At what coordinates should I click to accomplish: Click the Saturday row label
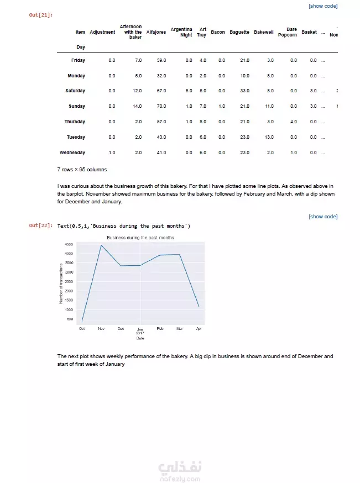[75, 91]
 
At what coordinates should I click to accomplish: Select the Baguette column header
[239, 32]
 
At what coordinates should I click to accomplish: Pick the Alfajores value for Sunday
[161, 106]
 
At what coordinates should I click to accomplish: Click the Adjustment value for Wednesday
[112, 153]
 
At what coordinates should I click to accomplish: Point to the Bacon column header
[218, 32]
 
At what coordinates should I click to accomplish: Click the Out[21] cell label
[40, 15]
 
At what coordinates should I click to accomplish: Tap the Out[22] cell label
[40, 225]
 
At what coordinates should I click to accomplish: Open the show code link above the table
[323, 6]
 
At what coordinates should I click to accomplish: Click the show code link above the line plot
[323, 217]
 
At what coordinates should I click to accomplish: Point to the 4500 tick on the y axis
[69, 244]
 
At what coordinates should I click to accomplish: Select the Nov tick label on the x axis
[101, 329]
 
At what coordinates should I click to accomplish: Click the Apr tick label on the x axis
[199, 329]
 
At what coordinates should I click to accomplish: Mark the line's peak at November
[101, 245]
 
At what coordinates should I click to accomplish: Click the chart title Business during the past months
[140, 238]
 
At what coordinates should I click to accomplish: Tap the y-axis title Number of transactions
[61, 283]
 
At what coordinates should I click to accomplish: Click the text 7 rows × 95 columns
[82, 169]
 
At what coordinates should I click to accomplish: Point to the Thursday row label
[75, 122]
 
